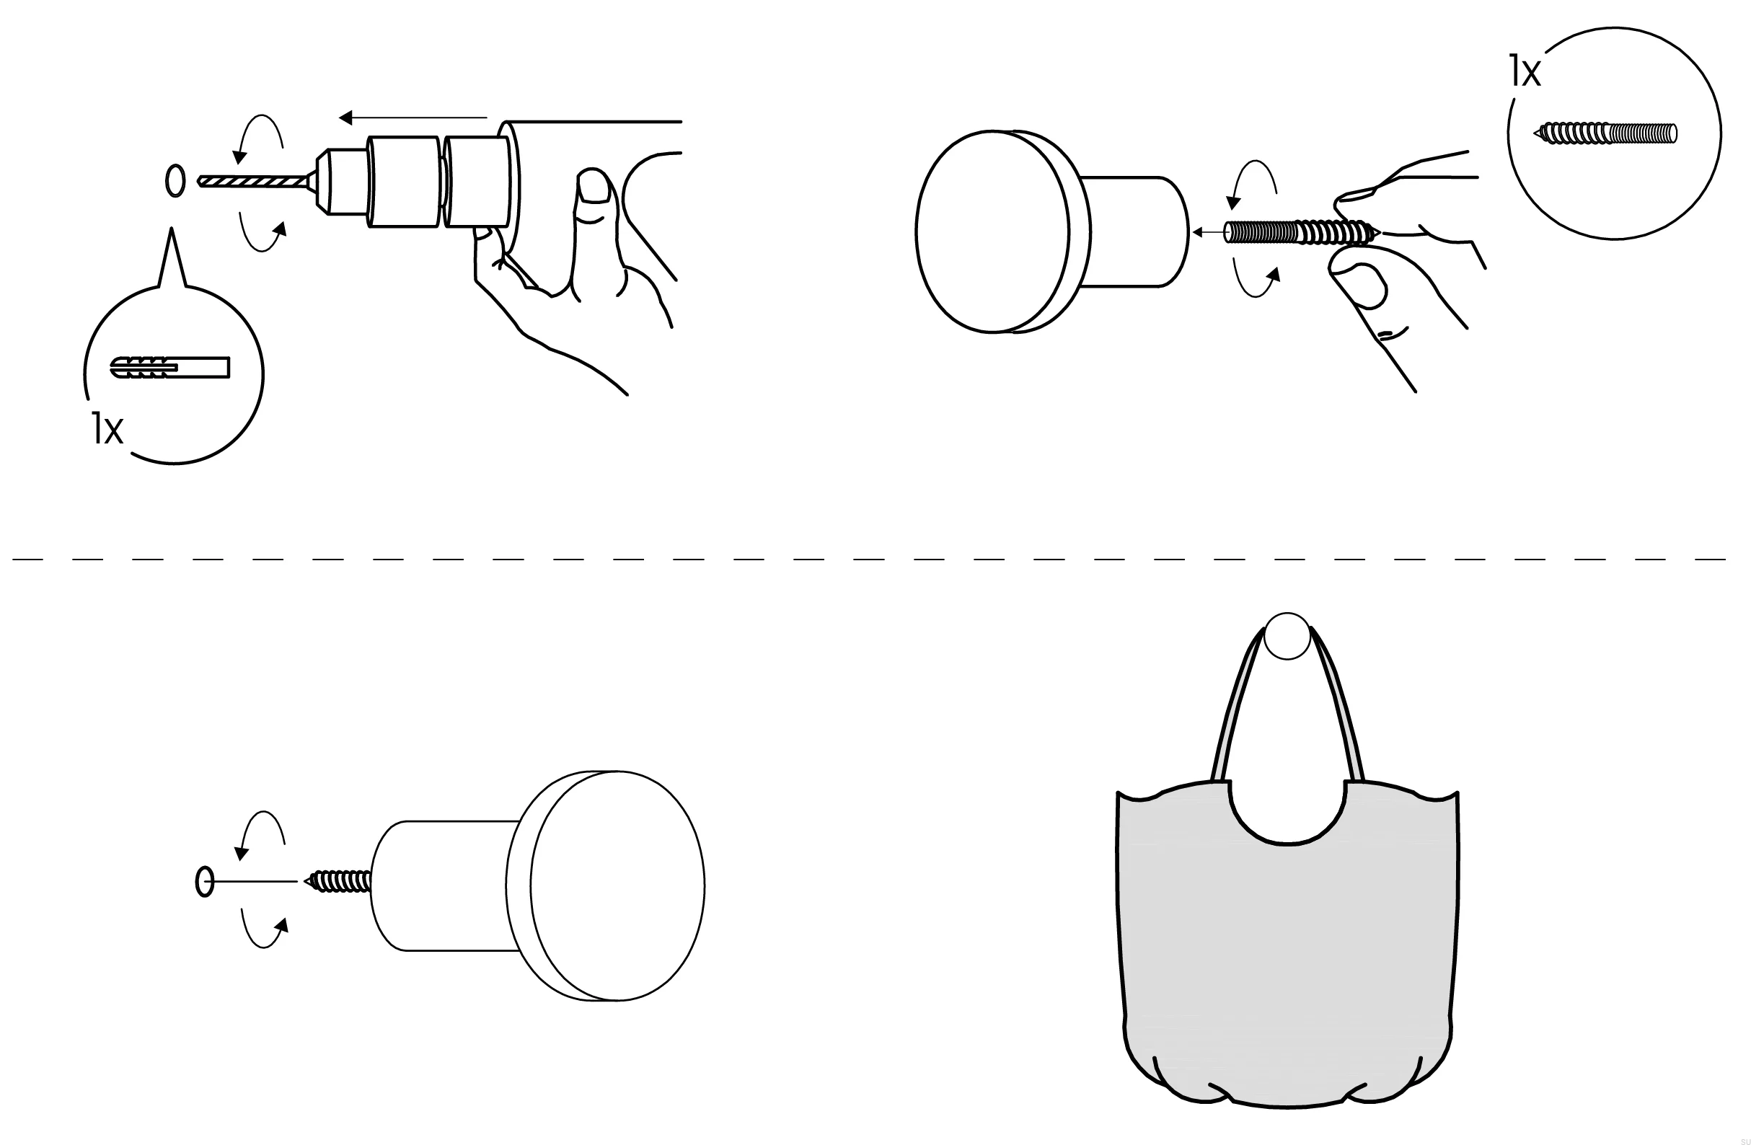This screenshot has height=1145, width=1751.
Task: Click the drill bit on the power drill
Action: (253, 180)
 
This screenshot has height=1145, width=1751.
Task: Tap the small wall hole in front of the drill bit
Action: (175, 180)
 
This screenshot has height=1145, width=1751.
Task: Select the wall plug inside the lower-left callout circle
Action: (170, 367)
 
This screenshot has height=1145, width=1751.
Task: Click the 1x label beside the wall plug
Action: (107, 429)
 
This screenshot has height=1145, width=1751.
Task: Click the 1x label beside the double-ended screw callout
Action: (1525, 71)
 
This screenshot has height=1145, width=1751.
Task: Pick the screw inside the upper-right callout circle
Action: (1605, 133)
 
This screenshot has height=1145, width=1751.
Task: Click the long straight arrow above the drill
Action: (413, 118)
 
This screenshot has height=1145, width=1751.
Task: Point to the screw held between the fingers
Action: (1303, 232)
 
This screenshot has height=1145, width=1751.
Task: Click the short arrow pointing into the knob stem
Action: (1207, 232)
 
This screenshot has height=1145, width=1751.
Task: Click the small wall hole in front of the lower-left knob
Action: (205, 881)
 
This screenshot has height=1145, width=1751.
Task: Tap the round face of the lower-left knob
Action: (617, 885)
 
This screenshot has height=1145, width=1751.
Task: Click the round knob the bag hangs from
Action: (1287, 635)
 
